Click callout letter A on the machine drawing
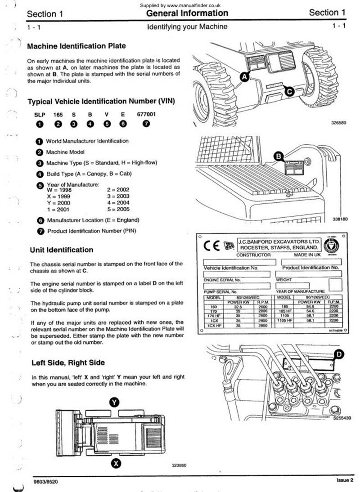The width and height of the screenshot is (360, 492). [x=244, y=77]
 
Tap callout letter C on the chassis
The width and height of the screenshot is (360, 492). [x=290, y=92]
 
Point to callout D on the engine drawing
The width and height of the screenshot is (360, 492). [x=339, y=354]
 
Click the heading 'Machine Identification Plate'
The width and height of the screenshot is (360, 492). [x=76, y=46]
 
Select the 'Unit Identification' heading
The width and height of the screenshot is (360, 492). [x=62, y=250]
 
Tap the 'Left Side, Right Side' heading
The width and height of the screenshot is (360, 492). [x=68, y=362]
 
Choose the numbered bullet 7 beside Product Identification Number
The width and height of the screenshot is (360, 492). [x=40, y=231]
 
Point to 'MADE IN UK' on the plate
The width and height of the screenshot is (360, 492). [x=307, y=255]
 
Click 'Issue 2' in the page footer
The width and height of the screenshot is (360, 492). [x=345, y=480]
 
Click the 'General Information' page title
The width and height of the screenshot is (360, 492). [x=187, y=13]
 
